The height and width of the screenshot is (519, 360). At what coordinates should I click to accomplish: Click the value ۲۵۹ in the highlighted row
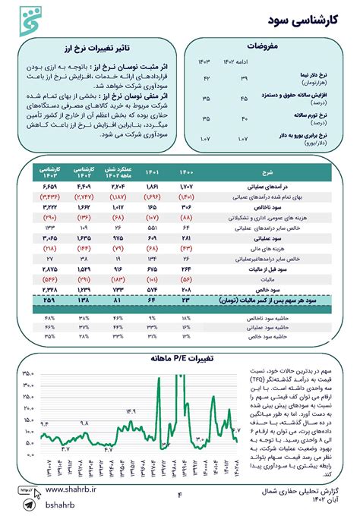tap(51, 300)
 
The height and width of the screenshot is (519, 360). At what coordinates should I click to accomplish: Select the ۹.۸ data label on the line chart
tap(84, 422)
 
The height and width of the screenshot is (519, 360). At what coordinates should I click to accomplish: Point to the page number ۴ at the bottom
tap(180, 495)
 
